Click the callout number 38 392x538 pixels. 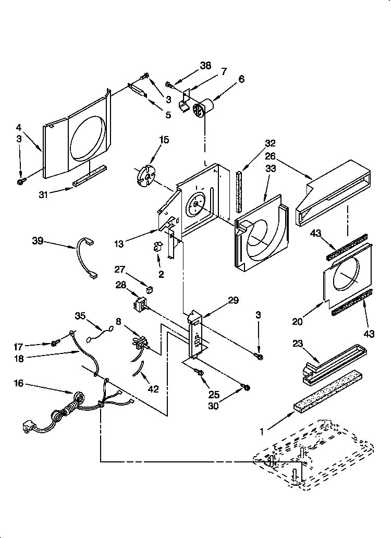click(205, 66)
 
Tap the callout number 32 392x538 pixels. click(285, 143)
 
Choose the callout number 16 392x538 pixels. click(18, 384)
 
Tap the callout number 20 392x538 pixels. click(297, 322)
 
